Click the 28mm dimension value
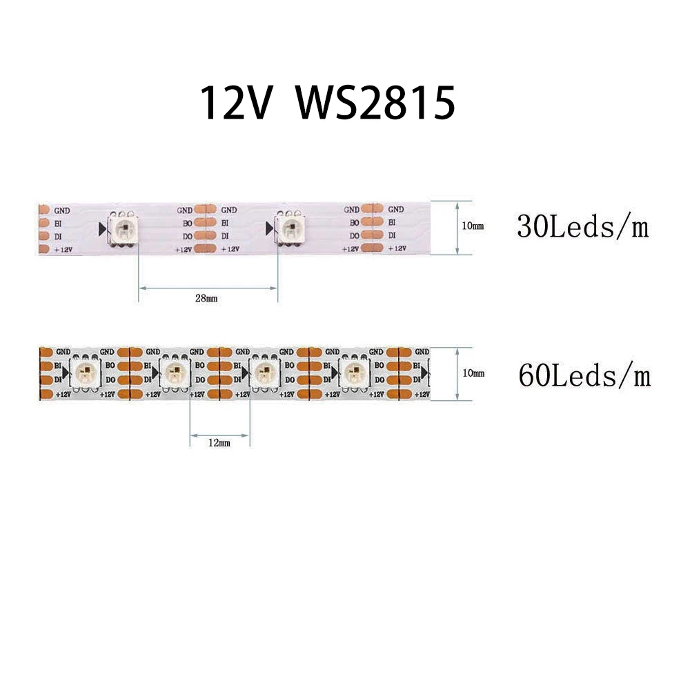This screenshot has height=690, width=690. point(206,298)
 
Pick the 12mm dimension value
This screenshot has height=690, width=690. point(219,443)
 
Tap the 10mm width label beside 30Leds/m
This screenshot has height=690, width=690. point(473,226)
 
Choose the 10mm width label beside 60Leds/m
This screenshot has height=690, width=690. point(473,373)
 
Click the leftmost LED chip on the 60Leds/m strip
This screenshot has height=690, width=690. point(87,373)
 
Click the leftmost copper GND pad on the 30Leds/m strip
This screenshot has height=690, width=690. point(43,210)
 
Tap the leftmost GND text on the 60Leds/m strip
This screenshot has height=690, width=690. point(64,352)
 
